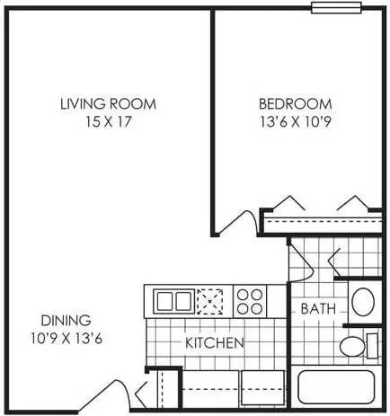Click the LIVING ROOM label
point(108,104)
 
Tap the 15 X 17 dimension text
point(109,121)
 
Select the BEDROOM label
point(296,104)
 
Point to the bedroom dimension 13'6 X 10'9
point(296,121)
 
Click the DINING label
point(66,321)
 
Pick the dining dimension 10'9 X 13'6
point(66,339)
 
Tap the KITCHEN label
point(215,343)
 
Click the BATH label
point(318,309)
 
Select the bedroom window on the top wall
point(336,8)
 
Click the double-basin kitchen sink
point(174,301)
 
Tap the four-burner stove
point(250,301)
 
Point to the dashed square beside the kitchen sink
point(209,301)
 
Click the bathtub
point(336,387)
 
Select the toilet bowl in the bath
point(352,347)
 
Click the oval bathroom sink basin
point(363,302)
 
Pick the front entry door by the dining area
point(104,396)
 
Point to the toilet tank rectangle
point(372,346)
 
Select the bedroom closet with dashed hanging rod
point(322,222)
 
